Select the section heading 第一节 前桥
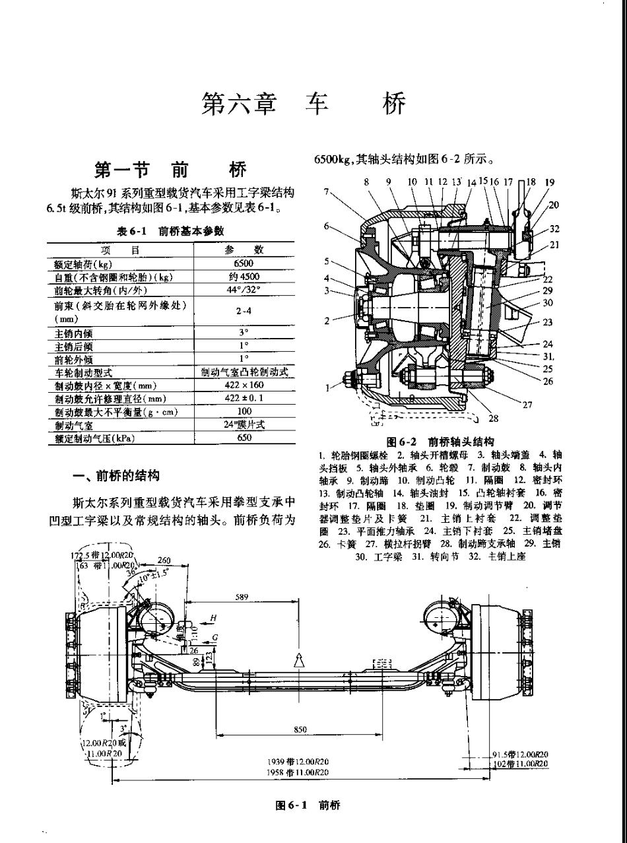171,170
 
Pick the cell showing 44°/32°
244,290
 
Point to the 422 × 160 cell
244,386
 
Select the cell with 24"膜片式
244,424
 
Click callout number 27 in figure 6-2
527,404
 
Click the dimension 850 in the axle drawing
300,729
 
